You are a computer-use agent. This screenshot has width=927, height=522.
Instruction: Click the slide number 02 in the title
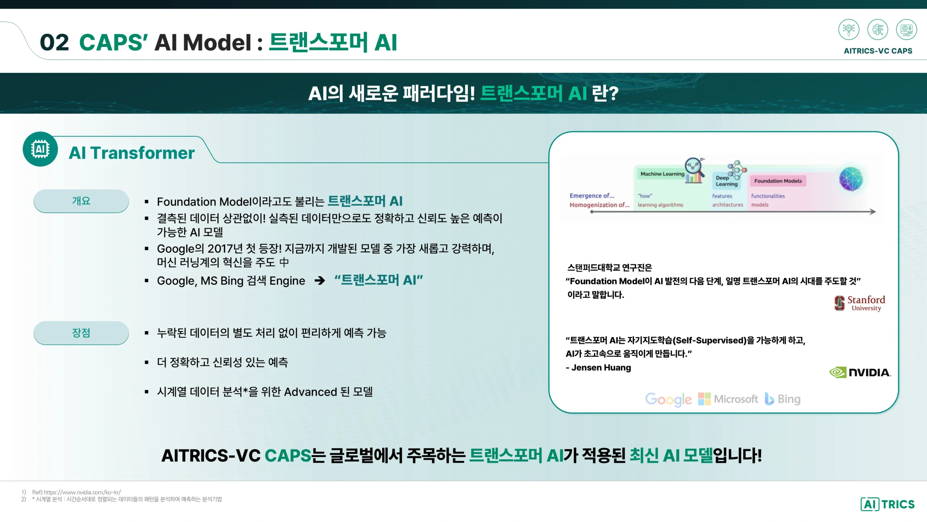54,42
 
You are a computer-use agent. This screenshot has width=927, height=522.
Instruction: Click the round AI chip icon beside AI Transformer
40,149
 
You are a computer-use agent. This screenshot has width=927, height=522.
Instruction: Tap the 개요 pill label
81,201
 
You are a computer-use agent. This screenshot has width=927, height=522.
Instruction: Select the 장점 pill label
81,333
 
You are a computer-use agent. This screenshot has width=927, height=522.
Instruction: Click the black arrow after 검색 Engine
320,280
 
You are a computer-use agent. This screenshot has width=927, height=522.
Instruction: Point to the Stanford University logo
860,303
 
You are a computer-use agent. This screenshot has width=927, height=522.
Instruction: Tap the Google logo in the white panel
668,399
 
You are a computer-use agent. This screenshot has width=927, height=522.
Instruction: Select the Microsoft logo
728,399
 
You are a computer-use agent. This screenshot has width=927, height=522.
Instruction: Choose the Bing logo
783,399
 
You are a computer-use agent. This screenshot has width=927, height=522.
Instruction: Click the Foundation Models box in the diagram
778,181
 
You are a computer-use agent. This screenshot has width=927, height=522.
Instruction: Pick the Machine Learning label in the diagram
662,174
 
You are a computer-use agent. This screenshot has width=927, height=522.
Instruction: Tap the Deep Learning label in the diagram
726,181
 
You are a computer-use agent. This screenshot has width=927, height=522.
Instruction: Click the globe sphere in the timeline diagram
851,179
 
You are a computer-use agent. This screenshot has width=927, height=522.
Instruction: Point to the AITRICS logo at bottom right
888,504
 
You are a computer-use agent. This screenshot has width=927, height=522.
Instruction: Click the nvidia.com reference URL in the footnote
82,492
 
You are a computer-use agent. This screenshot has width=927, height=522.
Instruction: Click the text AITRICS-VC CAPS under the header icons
878,51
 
